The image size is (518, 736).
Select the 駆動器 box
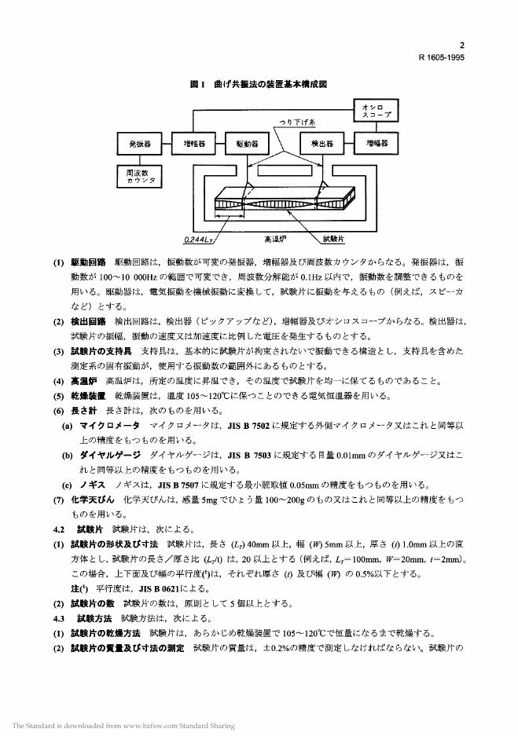(247, 144)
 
